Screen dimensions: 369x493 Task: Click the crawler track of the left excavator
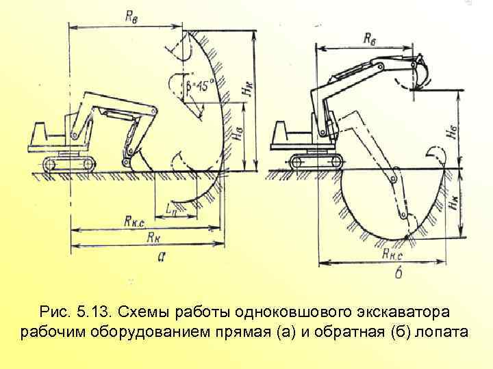(68, 164)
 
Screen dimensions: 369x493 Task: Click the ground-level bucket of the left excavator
(141, 161)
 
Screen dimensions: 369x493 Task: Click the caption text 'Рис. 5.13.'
(77, 313)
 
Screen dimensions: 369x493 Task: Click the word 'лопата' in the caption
(441, 333)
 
